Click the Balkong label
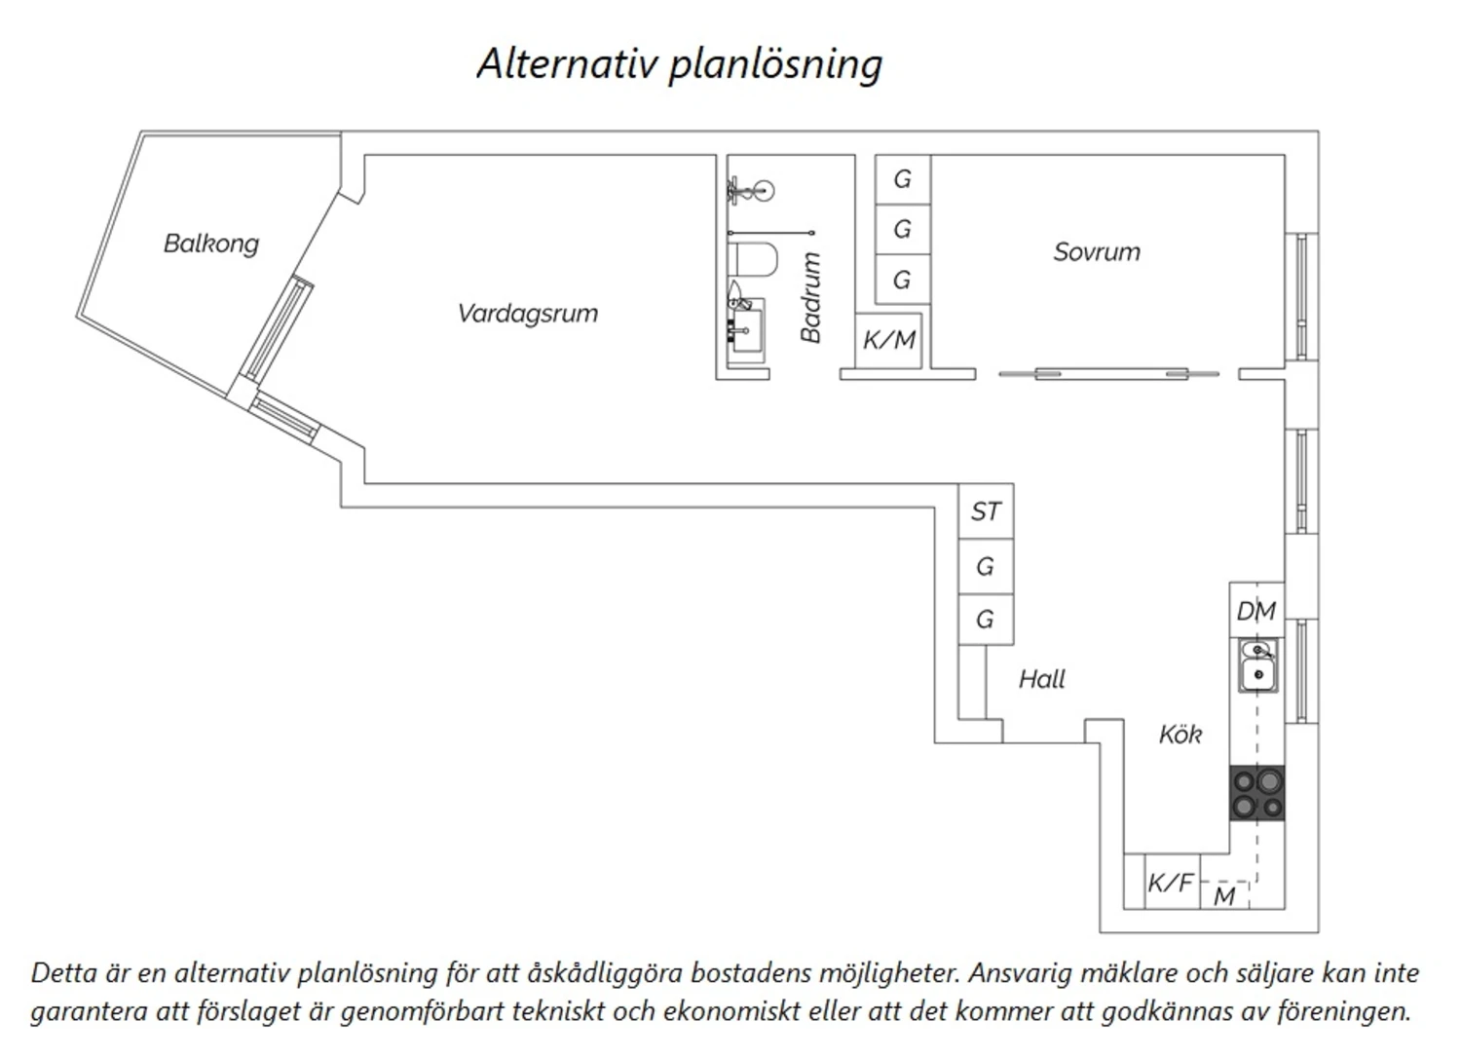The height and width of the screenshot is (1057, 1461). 210,244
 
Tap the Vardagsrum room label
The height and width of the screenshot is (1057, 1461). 528,313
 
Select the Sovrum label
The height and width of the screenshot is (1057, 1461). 1097,252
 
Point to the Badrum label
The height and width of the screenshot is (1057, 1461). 810,297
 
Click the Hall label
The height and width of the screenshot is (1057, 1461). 1041,680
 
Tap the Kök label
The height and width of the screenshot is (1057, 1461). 1180,735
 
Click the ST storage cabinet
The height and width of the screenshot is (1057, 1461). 986,511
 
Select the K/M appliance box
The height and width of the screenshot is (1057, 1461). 889,341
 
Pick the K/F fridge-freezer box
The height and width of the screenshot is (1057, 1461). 1172,882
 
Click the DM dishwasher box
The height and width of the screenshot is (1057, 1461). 1256,610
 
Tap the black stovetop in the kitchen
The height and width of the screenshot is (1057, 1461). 1257,793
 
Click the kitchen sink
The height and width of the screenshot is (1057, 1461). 1258,666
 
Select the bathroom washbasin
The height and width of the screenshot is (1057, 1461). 747,331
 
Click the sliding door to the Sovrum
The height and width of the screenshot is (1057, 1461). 1108,374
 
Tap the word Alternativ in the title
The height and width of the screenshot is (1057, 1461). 566,64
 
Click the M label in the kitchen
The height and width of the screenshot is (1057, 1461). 1224,896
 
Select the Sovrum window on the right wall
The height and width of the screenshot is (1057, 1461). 1302,297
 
